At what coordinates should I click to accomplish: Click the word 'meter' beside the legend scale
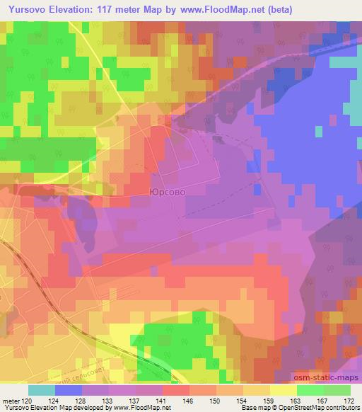tap(12, 400)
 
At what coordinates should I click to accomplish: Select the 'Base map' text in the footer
tap(250, 408)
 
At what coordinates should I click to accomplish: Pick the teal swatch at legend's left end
tap(41, 390)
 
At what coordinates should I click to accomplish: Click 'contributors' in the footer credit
tap(343, 408)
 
